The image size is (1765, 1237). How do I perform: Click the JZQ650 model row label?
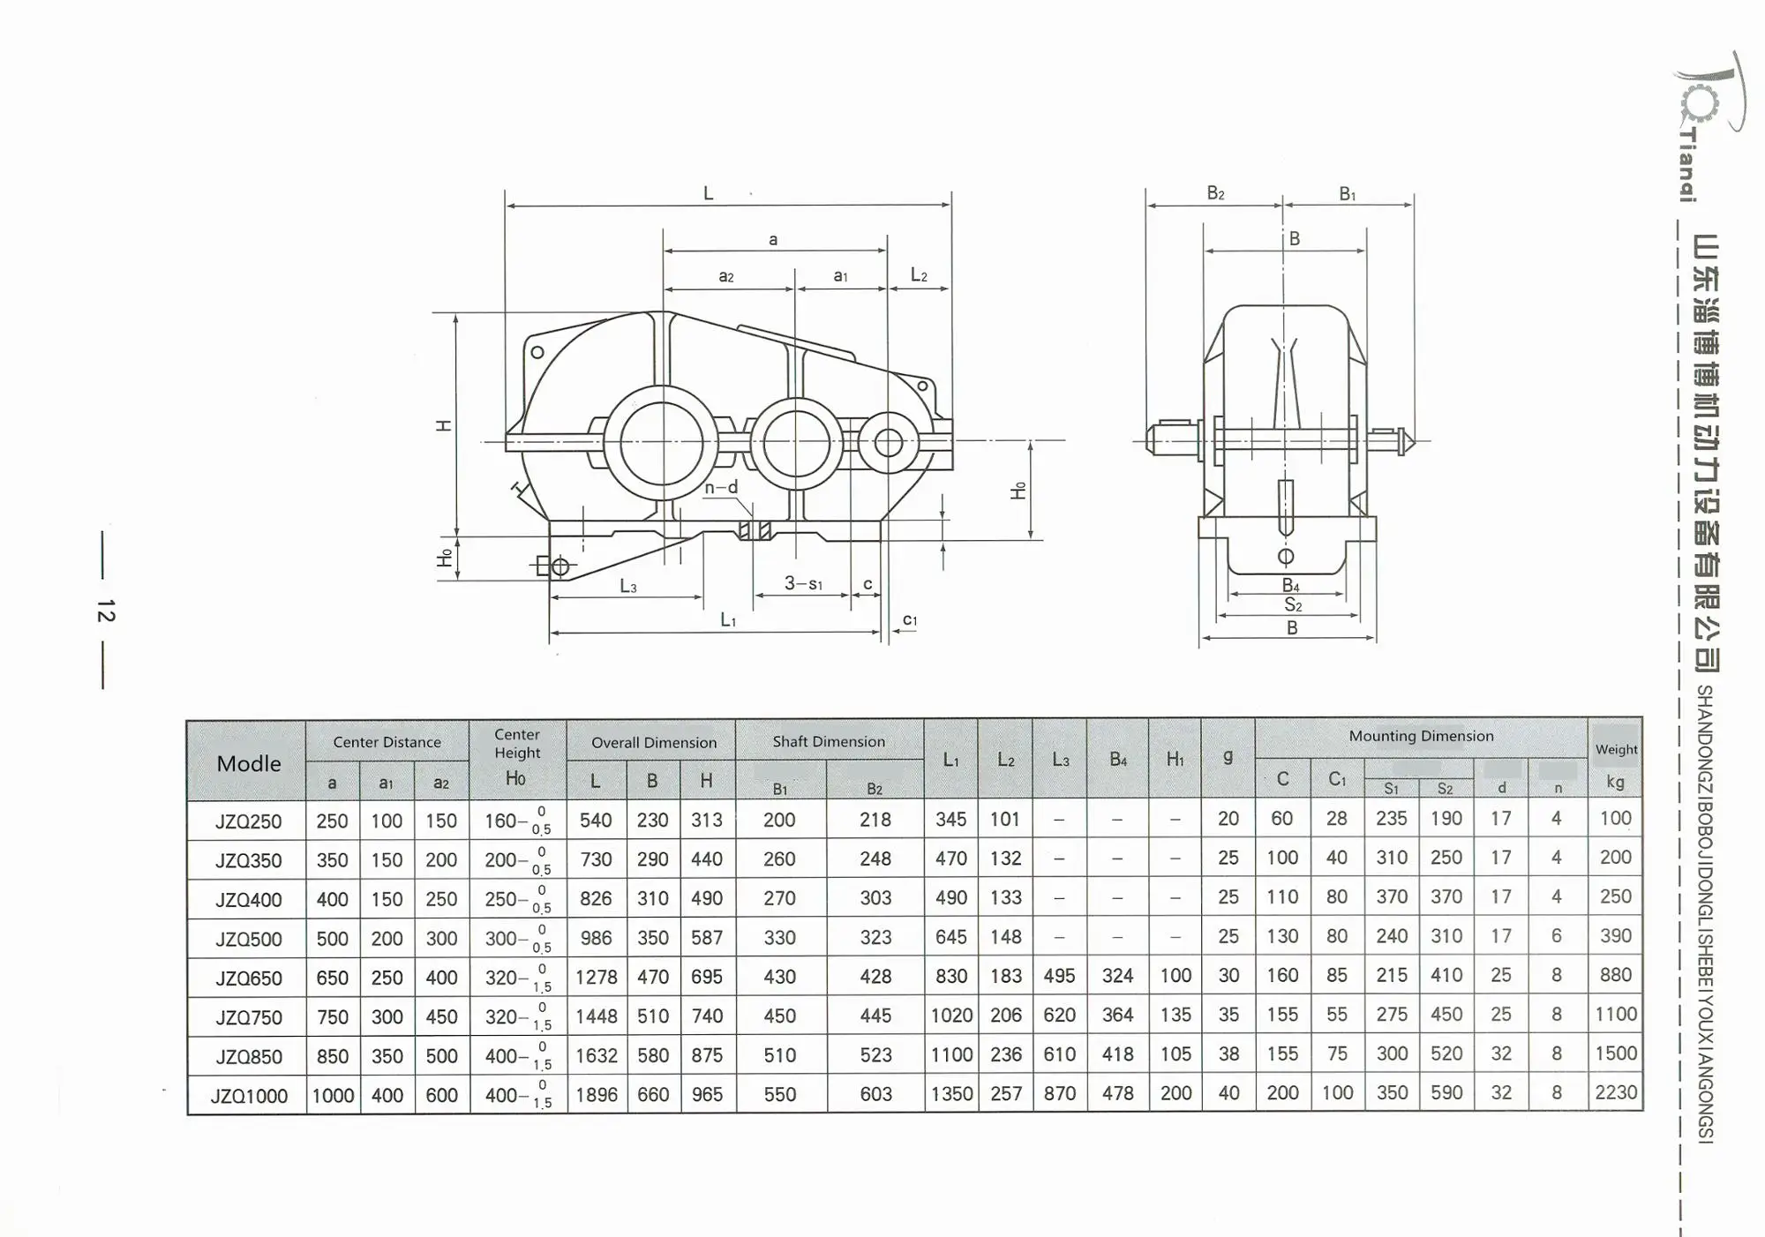pos(249,978)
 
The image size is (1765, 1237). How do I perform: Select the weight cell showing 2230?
pos(1616,1092)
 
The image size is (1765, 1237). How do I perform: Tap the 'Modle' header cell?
pos(249,763)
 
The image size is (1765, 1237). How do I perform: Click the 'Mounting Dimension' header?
pos(1421,736)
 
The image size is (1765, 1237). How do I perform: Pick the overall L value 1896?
pos(597,1095)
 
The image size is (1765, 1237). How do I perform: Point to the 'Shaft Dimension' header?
pos(829,742)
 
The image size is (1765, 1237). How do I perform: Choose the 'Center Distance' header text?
pos(387,743)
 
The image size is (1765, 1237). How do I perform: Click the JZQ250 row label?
pos(249,821)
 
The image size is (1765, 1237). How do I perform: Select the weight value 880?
pos(1616,975)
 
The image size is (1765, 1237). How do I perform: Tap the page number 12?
pos(106,611)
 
